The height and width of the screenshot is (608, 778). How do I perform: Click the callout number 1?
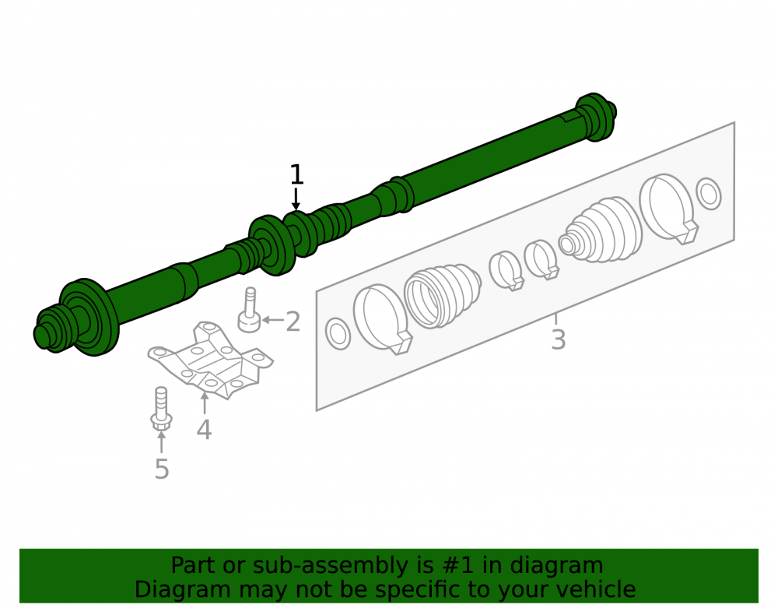tap(296, 174)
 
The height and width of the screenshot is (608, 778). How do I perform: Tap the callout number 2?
tap(293, 322)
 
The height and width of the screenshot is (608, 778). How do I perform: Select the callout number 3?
tap(558, 340)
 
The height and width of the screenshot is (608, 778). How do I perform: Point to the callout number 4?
tap(204, 429)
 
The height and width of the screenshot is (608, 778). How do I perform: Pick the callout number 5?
tap(162, 469)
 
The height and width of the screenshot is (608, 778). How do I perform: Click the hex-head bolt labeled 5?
tap(161, 409)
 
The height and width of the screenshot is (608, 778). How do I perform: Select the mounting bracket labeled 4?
tap(210, 360)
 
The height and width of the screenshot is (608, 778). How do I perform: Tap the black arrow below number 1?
tap(296, 199)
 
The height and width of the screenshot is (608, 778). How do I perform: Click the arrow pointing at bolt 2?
tap(273, 320)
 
